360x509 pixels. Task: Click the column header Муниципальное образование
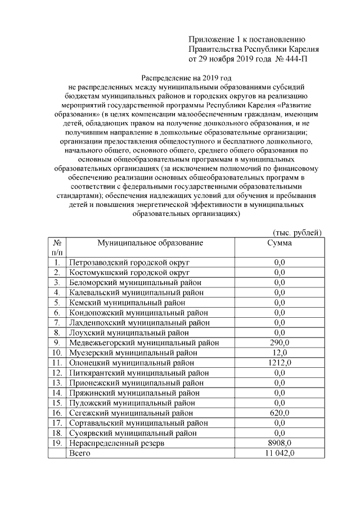[150, 243]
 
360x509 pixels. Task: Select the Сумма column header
[279, 243]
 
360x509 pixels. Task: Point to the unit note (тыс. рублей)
[297, 232]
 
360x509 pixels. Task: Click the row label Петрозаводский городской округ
[129, 262]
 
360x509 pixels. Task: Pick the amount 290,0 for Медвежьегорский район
[279, 343]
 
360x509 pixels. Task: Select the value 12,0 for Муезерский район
[279, 353]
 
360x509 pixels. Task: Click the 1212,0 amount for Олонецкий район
[279, 363]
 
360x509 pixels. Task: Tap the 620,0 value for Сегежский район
[279, 413]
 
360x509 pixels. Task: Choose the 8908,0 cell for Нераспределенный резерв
[279, 443]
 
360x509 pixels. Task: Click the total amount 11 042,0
[279, 453]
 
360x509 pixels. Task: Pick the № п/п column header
[57, 248]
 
